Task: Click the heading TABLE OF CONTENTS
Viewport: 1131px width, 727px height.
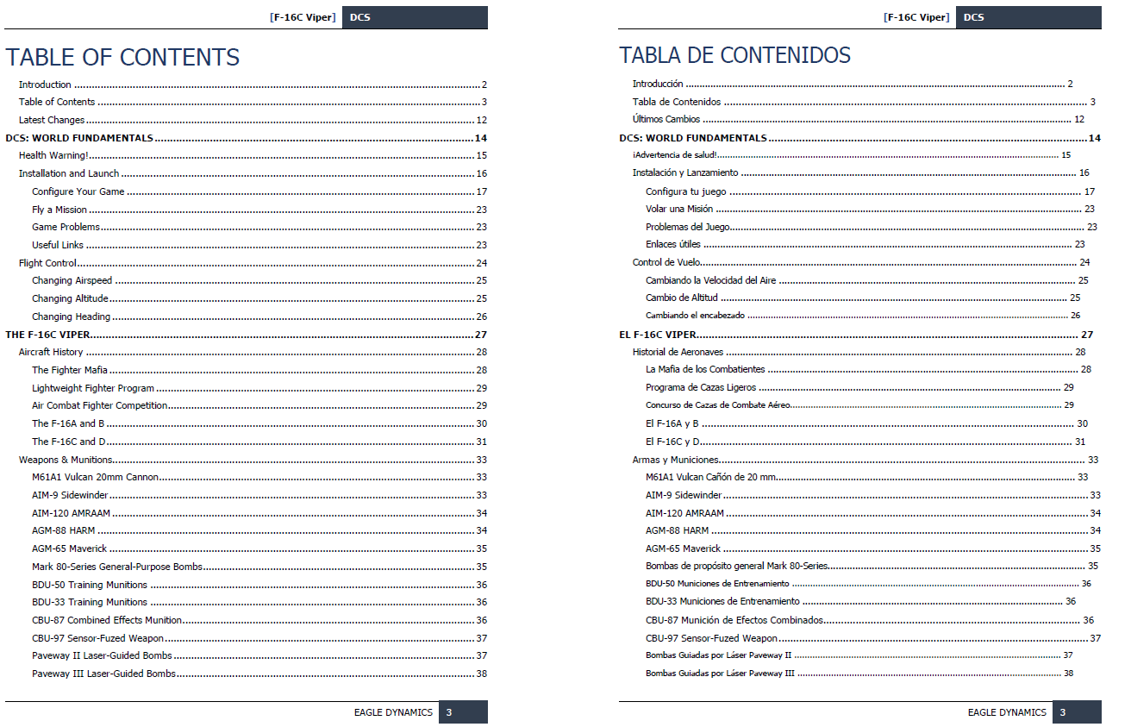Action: click(122, 57)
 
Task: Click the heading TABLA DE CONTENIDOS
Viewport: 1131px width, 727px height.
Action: click(734, 55)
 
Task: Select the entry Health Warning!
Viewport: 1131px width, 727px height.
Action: click(53, 156)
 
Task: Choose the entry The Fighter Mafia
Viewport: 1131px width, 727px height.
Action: click(70, 370)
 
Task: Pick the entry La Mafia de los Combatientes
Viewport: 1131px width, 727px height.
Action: click(705, 369)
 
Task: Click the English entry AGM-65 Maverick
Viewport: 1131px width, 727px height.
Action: click(70, 548)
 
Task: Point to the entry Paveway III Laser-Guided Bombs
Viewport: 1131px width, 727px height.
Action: click(103, 674)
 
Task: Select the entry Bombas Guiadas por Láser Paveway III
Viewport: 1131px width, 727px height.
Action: click(720, 674)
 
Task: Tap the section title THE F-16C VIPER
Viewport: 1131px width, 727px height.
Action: click(48, 335)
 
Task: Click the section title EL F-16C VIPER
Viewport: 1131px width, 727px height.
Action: click(658, 335)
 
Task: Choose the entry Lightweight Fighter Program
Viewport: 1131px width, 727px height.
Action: click(93, 388)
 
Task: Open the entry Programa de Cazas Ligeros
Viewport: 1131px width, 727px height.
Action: click(701, 388)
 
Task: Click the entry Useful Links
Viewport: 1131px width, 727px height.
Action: click(58, 245)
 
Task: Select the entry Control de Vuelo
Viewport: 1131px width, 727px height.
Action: click(666, 262)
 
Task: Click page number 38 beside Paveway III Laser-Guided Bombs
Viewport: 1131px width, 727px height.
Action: click(481, 674)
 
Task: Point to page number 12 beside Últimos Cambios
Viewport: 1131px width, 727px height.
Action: click(1078, 120)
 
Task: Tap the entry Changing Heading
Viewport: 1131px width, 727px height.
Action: click(71, 316)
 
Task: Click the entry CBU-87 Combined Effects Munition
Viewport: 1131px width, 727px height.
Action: click(107, 620)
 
